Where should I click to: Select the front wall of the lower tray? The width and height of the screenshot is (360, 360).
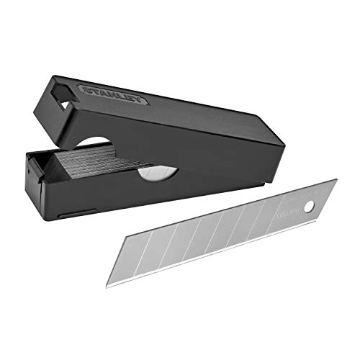point(144,198)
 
